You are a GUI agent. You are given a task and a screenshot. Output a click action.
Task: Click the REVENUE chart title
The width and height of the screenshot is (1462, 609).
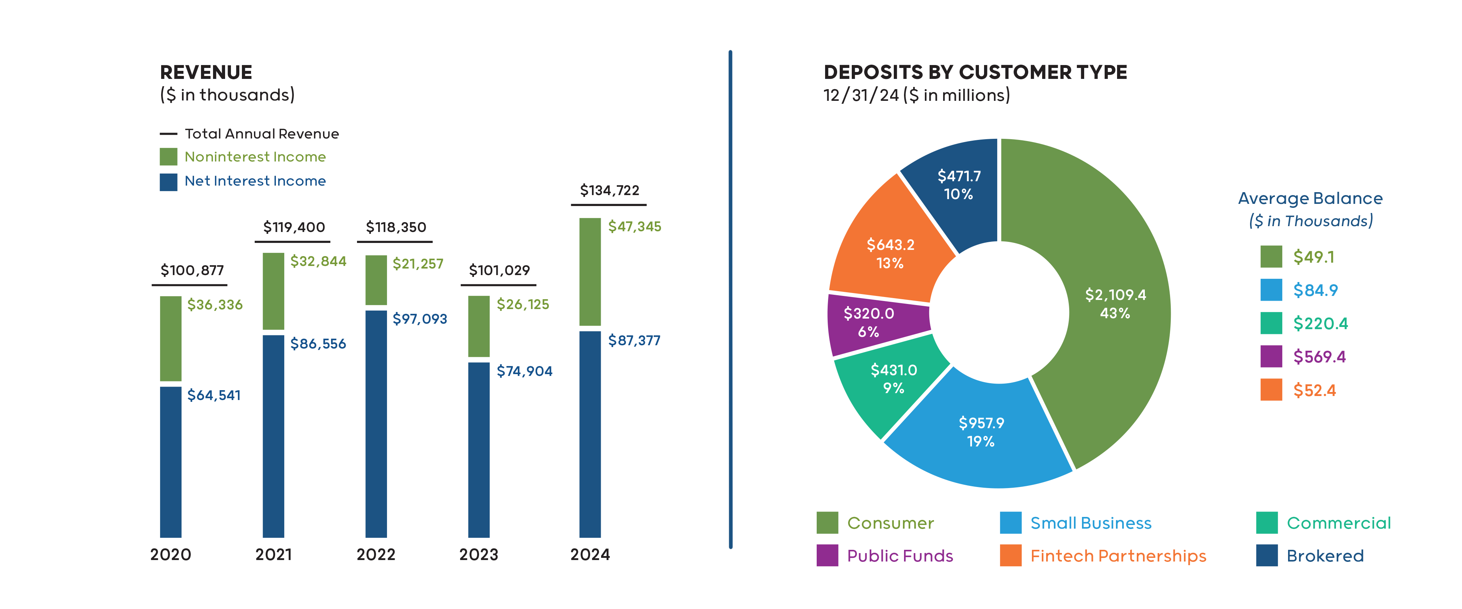[x=206, y=73]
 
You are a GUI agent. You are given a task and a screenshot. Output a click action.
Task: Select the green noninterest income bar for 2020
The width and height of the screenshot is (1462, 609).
[x=170, y=338]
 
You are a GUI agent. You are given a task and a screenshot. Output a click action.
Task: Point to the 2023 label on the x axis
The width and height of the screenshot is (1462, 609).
[x=478, y=555]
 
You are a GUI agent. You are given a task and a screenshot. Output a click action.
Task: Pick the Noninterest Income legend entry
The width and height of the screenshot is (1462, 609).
[x=255, y=157]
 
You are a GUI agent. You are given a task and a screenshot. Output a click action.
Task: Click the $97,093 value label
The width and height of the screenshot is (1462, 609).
[x=419, y=319]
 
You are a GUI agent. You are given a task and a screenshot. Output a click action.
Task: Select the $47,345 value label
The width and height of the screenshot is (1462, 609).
[x=634, y=227]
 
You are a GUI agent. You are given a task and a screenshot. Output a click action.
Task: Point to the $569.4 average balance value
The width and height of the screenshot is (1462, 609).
[x=1319, y=357]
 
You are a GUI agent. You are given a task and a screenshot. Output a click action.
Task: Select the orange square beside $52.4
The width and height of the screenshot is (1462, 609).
[x=1271, y=390]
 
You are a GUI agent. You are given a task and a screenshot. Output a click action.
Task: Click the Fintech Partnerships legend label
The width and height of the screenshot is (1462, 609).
[x=1118, y=556]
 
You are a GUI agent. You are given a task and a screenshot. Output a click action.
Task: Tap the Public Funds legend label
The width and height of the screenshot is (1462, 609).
[x=900, y=556]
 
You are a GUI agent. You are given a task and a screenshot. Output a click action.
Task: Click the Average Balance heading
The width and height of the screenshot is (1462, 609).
[x=1309, y=199]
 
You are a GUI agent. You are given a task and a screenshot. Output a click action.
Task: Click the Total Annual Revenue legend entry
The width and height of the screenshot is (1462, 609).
[x=261, y=134]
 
